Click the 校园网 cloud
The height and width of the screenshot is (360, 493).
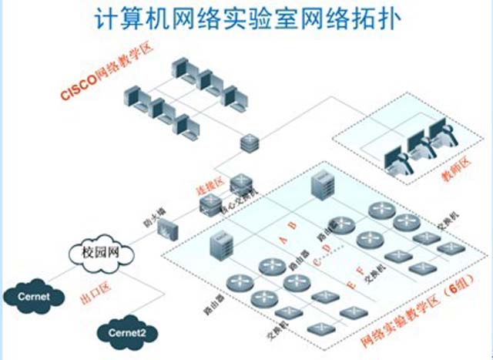pos(96,252)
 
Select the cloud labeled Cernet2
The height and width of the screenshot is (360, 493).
pos(123,334)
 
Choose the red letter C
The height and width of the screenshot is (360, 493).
pos(319,259)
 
